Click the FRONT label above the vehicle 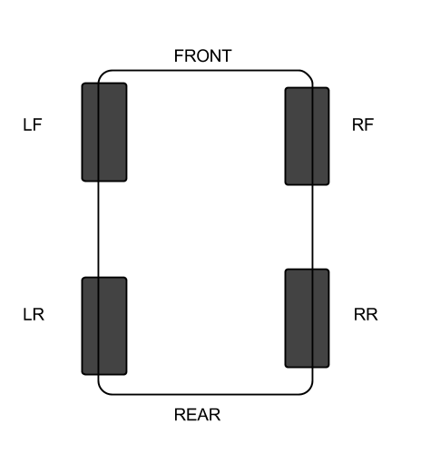pyautogui.click(x=202, y=56)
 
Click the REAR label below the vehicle pyautogui.click(x=197, y=415)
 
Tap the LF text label pyautogui.click(x=33, y=124)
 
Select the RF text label pyautogui.click(x=363, y=124)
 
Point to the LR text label pyautogui.click(x=34, y=315)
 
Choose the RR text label pyautogui.click(x=366, y=315)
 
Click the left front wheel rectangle pyautogui.click(x=104, y=133)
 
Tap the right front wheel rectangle pyautogui.click(x=307, y=136)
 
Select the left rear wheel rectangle pyautogui.click(x=104, y=326)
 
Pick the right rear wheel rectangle pyautogui.click(x=307, y=318)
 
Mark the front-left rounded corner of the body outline pyautogui.click(x=102, y=74)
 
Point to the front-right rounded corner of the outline pyautogui.click(x=309, y=74)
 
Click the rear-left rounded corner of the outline pyautogui.click(x=102, y=391)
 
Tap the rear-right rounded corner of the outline pyautogui.click(x=309, y=391)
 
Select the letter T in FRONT pyautogui.click(x=226, y=56)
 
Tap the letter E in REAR pyautogui.click(x=191, y=415)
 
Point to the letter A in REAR pyautogui.click(x=202, y=415)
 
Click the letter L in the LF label pyautogui.click(x=27, y=124)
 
